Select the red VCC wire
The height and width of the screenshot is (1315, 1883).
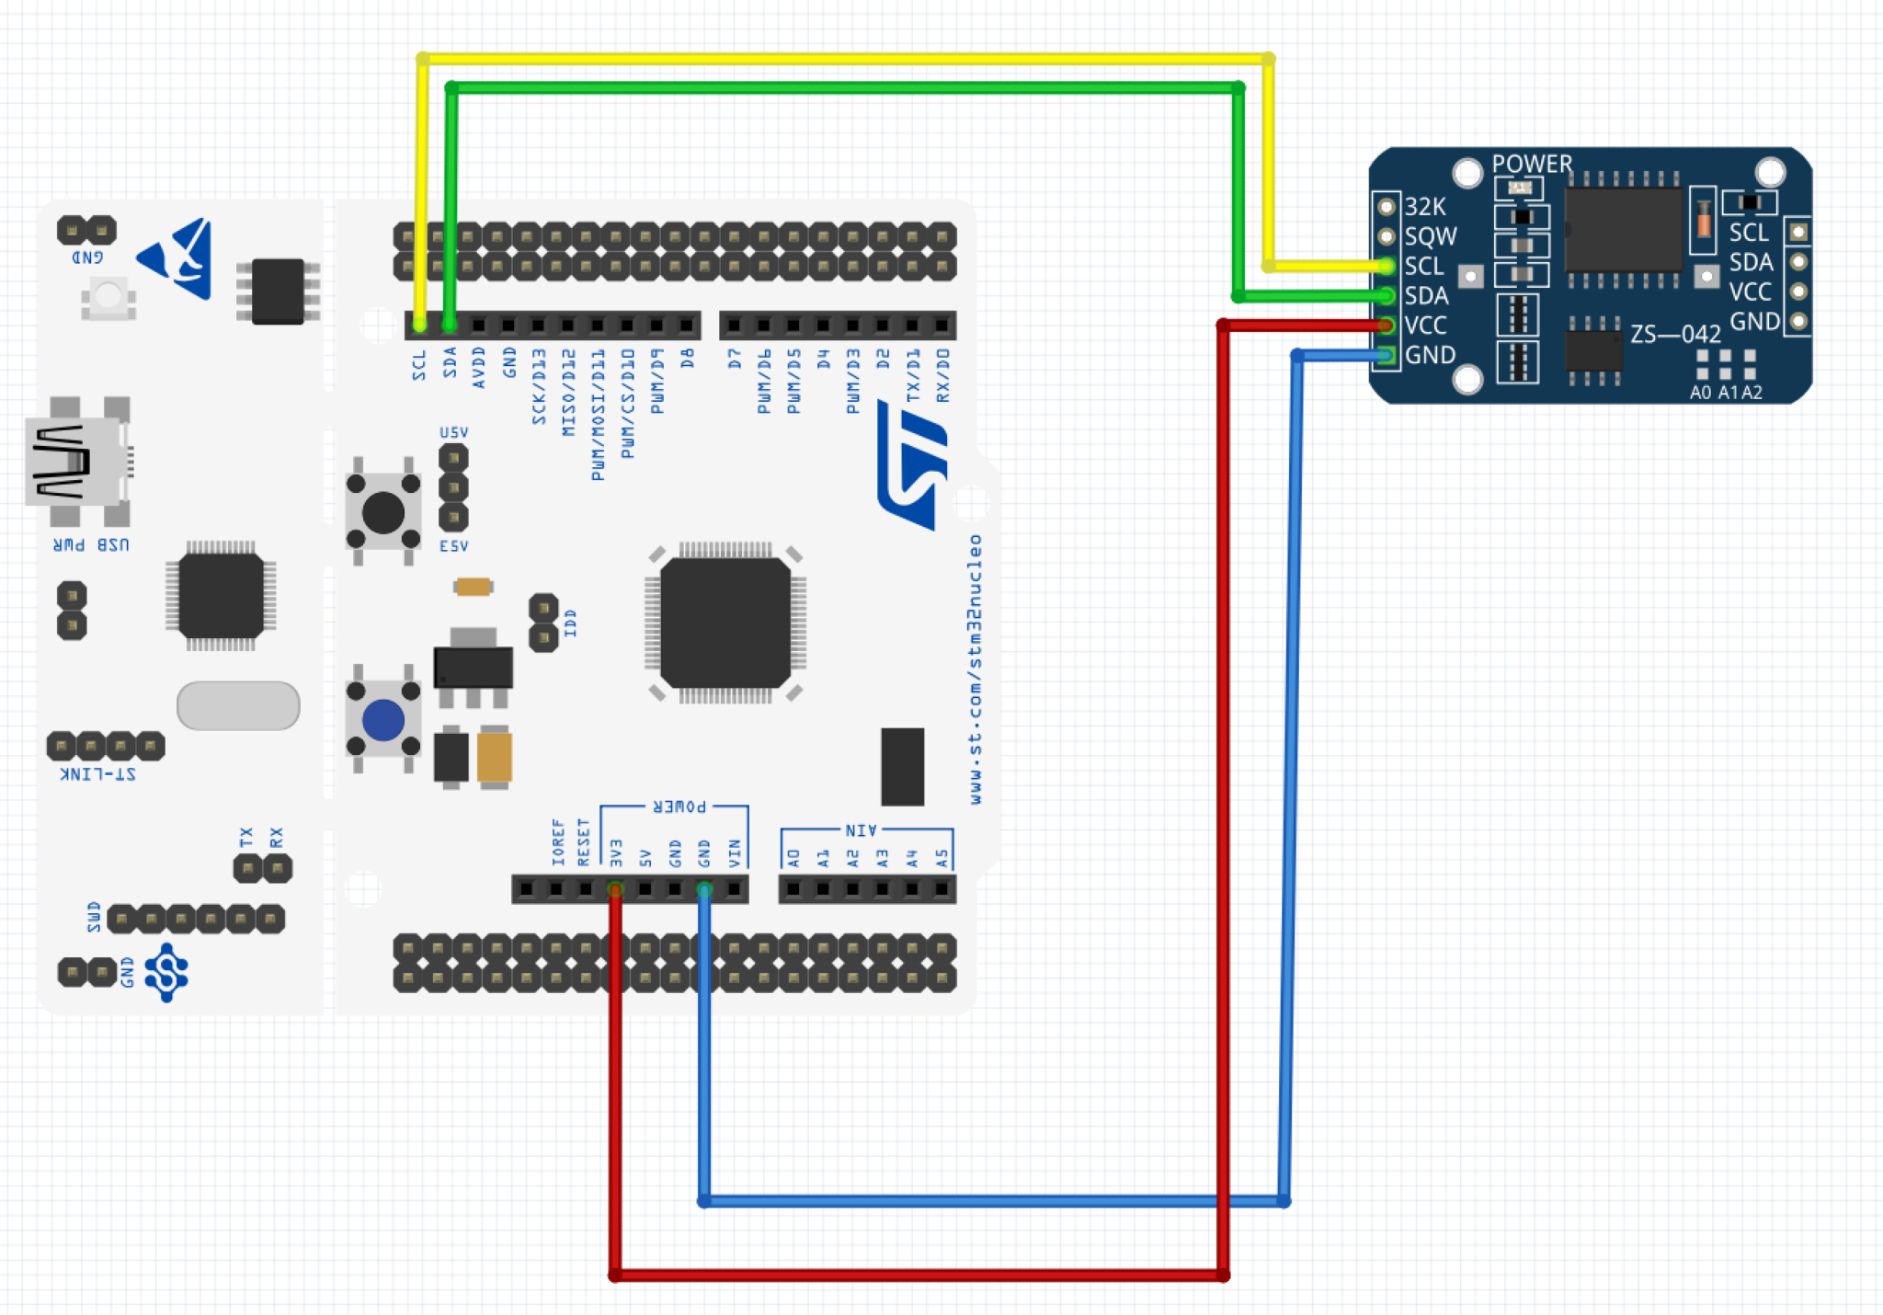point(919,1275)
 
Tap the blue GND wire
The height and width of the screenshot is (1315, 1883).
point(993,1201)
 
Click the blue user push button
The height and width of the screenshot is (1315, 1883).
point(383,720)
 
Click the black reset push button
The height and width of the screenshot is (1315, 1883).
point(383,512)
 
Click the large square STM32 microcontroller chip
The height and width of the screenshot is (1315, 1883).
point(725,623)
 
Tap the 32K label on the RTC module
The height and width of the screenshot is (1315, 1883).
point(1425,207)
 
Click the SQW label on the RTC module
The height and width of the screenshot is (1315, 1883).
point(1431,236)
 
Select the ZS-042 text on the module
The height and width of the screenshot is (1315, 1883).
point(1675,334)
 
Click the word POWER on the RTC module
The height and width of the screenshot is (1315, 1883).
point(1532,164)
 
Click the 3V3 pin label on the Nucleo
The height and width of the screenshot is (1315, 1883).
point(616,852)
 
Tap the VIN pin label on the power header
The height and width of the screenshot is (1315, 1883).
point(735,852)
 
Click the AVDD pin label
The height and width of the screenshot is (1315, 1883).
point(479,367)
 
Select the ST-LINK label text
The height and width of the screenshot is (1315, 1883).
point(98,774)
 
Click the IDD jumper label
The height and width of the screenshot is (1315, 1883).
point(570,623)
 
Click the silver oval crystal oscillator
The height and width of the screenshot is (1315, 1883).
point(238,705)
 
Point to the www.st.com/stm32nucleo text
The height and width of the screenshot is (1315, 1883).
point(976,669)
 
